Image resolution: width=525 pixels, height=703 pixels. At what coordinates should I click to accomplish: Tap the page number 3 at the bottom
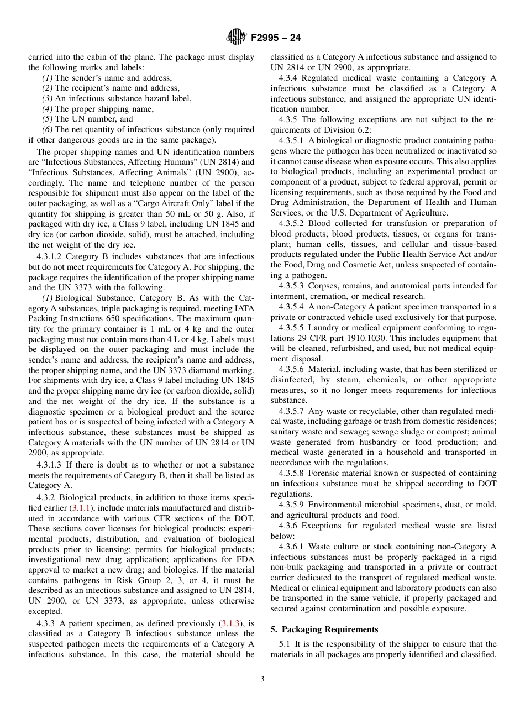262,679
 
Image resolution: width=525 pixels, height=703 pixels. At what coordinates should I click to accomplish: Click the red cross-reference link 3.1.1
82,507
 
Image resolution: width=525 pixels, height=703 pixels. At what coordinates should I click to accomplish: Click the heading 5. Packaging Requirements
324,629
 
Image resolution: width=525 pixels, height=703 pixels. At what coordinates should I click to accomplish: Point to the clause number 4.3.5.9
292,505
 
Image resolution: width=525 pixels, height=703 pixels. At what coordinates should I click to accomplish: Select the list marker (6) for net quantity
48,129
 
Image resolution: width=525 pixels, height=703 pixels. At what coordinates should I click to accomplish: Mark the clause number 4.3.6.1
292,547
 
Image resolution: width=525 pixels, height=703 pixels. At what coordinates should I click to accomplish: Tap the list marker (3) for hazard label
48,98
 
